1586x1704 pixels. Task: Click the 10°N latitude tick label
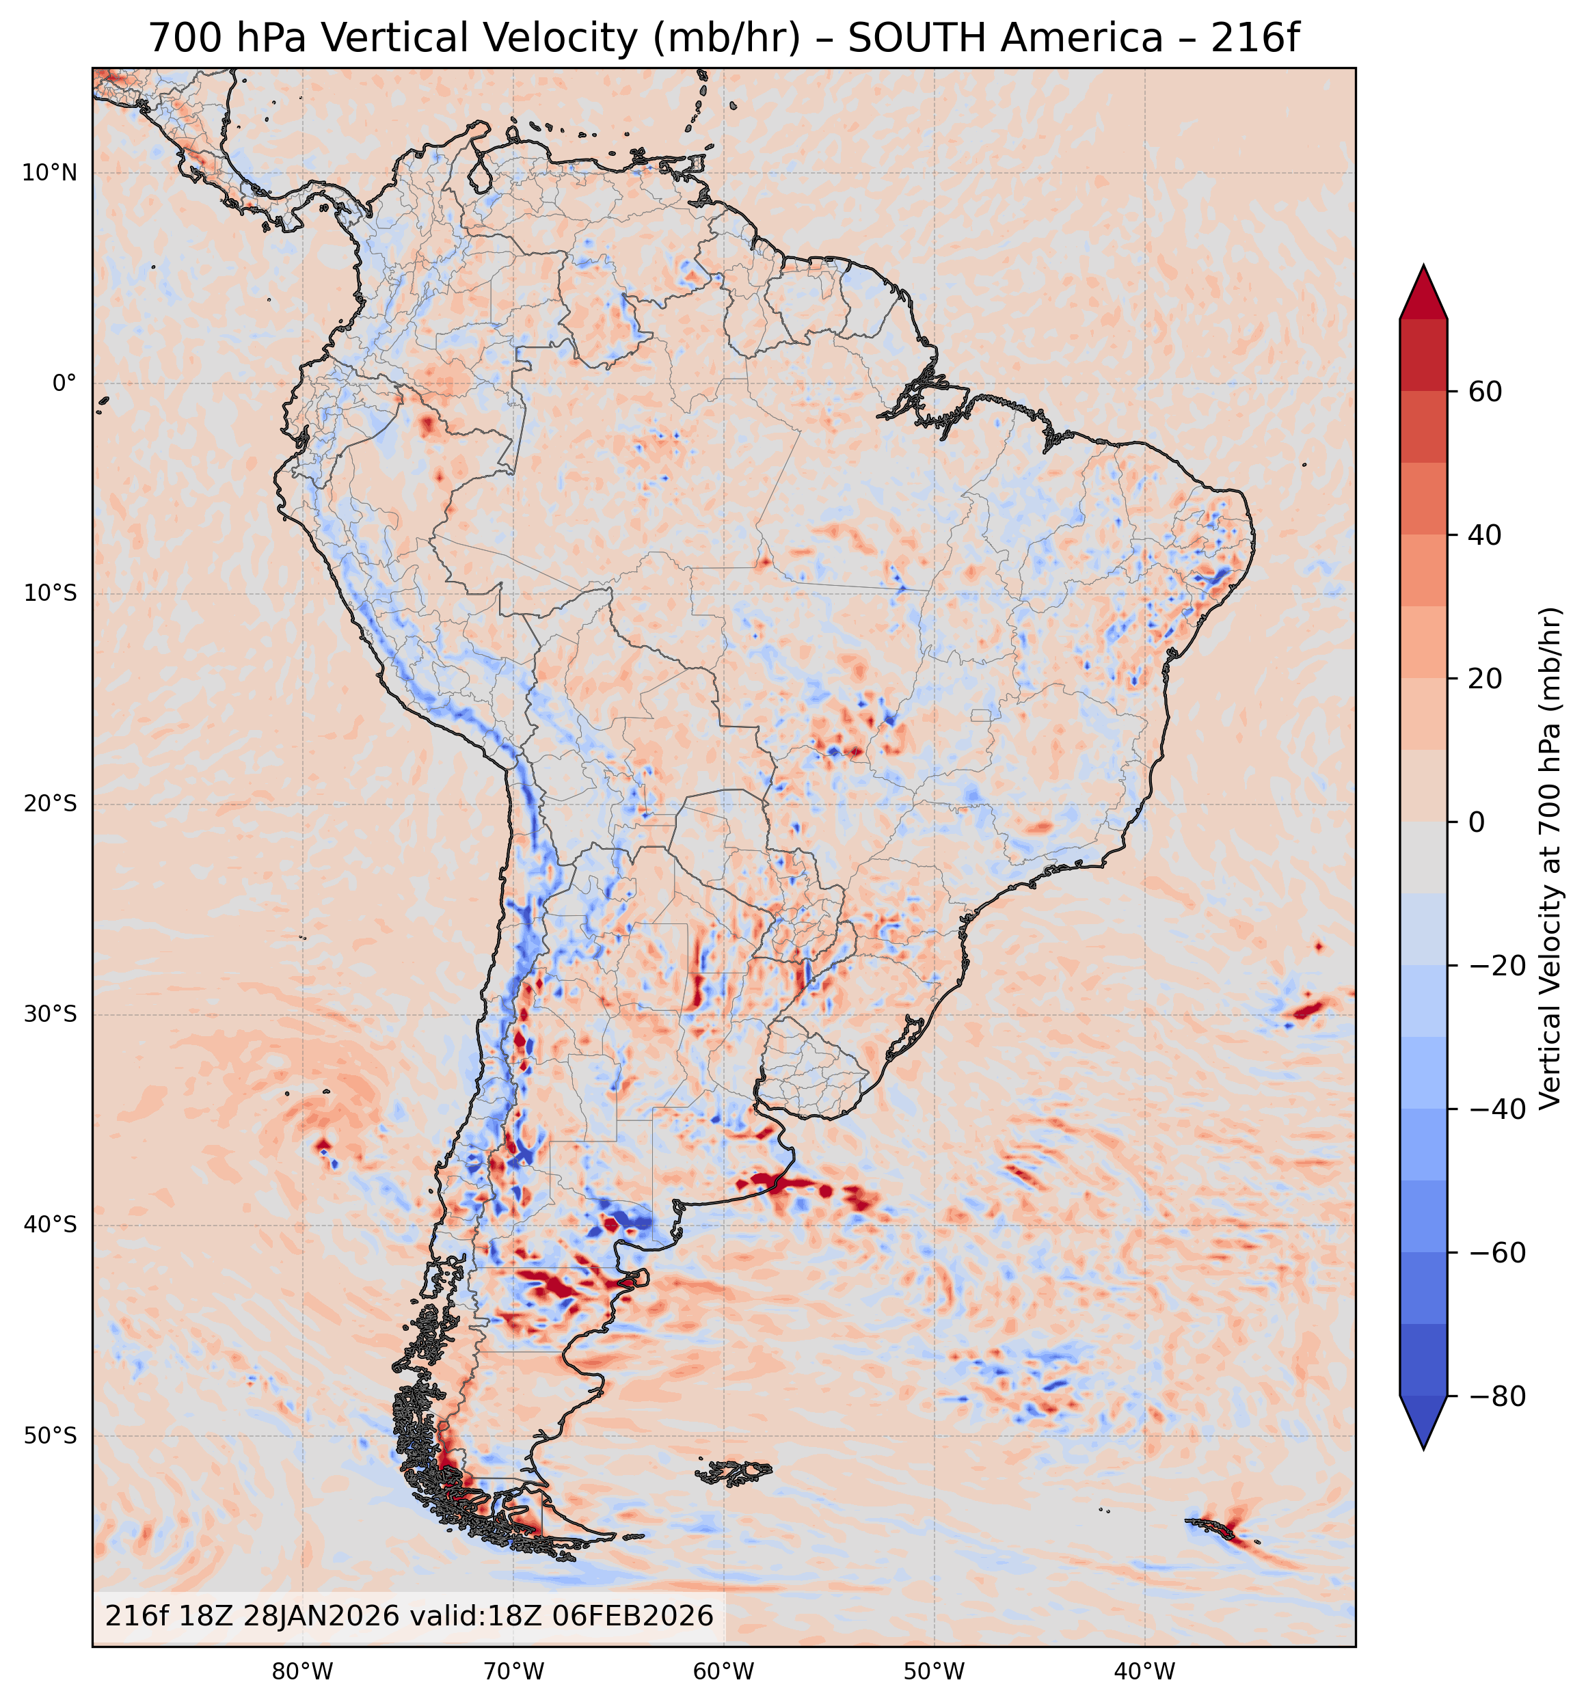50,173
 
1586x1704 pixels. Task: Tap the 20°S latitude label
50,804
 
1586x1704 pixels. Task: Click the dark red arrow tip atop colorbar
1423,290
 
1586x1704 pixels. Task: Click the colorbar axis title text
1550,857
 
